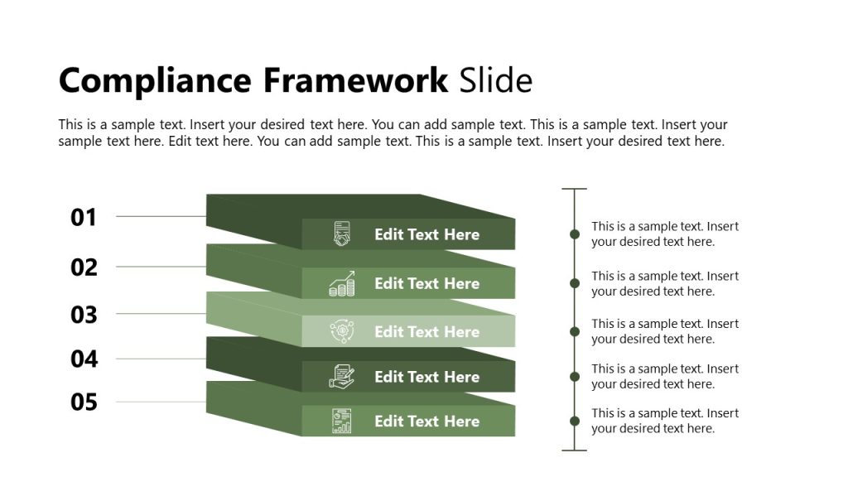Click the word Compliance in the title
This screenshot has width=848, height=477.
154,81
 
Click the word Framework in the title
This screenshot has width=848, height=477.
356,81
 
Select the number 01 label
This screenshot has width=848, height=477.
84,218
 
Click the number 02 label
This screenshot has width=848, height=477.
84,267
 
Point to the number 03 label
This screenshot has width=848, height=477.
84,315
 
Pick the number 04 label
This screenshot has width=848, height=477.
84,359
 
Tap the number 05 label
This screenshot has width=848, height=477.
84,403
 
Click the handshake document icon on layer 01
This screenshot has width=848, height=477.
341,234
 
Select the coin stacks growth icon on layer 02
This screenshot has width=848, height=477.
341,283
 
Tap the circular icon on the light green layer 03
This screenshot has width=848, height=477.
341,331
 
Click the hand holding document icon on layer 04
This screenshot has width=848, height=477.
341,377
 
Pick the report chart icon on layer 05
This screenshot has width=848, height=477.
341,421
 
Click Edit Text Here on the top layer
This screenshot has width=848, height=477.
426,234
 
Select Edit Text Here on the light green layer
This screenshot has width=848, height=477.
426,332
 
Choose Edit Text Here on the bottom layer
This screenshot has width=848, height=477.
426,422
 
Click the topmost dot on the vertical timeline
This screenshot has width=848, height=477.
575,234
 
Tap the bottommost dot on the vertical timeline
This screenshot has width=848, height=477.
575,421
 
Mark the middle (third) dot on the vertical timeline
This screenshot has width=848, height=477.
575,331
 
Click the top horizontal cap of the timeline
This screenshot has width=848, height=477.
575,189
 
